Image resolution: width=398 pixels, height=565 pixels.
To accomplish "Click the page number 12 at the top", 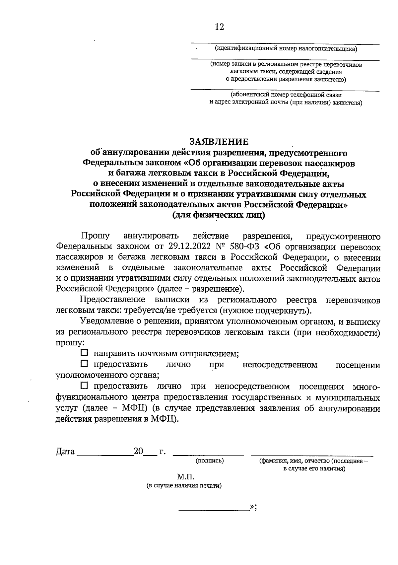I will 219,27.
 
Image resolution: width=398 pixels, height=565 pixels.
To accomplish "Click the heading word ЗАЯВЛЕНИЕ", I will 219,142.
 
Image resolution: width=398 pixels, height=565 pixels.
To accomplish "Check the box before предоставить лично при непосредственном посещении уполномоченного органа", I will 84,364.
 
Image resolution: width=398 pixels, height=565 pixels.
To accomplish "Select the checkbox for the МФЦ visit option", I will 84,386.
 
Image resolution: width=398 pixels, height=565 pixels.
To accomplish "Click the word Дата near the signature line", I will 65,452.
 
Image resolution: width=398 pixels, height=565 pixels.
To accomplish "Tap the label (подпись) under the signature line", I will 210,460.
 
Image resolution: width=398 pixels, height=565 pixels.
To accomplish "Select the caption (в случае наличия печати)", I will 184,486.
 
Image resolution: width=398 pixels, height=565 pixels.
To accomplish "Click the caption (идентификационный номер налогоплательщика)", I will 286,49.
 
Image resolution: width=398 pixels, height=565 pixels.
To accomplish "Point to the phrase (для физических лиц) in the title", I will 219,215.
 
